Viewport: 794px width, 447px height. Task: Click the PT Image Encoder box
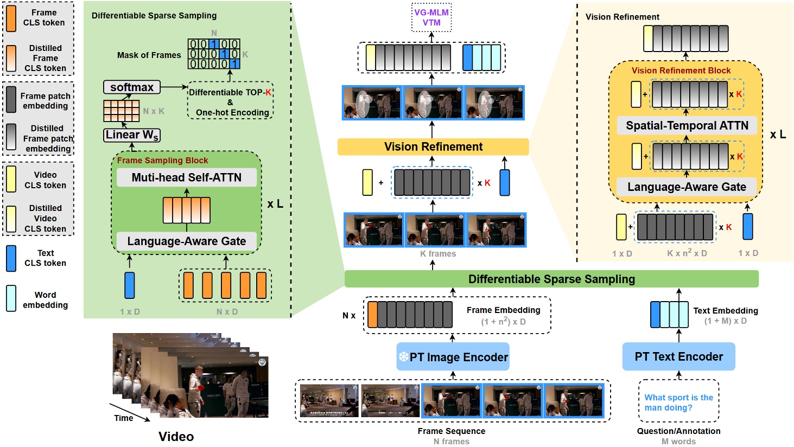pos(453,357)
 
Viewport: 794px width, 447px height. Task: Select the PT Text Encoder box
pos(678,357)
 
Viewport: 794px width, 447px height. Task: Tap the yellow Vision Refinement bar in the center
pos(433,147)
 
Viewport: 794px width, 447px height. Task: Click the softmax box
pos(131,87)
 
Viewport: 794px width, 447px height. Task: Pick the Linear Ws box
pos(132,135)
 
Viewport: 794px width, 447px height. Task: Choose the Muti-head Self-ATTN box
pos(186,177)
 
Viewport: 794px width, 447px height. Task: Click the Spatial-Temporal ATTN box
pos(687,126)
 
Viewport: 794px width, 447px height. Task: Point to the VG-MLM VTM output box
pos(431,17)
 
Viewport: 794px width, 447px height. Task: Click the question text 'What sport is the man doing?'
pos(678,403)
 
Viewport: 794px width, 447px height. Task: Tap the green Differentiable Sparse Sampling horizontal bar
pos(551,279)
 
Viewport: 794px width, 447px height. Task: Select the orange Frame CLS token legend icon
pos(11,17)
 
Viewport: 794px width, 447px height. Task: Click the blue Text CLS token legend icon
pos(11,258)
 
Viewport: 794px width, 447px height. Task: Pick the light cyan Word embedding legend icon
pos(11,299)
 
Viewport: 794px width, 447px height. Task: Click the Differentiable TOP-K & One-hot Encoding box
pos(230,102)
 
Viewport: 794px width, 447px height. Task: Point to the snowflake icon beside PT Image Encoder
pos(404,357)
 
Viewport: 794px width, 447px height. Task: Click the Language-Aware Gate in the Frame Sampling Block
pos(186,241)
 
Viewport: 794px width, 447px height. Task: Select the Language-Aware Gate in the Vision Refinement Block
pos(687,187)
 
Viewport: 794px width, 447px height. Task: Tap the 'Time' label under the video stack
pos(123,418)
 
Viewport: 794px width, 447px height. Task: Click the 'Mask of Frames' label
pos(149,55)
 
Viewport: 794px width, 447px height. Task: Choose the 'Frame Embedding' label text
pos(503,310)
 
